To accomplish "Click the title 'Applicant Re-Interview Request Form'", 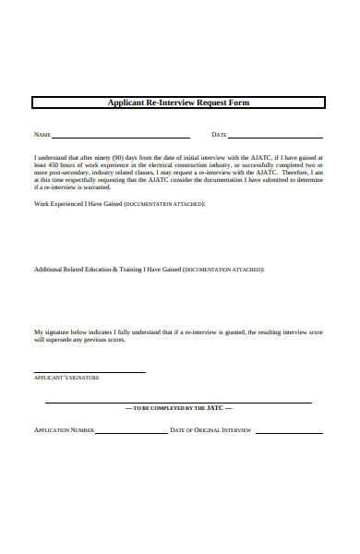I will coord(179,102).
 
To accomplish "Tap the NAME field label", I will coord(42,135).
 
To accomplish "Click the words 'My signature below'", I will coord(64,331).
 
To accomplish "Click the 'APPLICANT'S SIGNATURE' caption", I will coord(66,378).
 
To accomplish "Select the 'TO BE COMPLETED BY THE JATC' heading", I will coord(179,407).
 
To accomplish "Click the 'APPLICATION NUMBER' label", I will coord(64,430).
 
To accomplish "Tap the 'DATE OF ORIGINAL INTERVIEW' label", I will coord(210,430).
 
